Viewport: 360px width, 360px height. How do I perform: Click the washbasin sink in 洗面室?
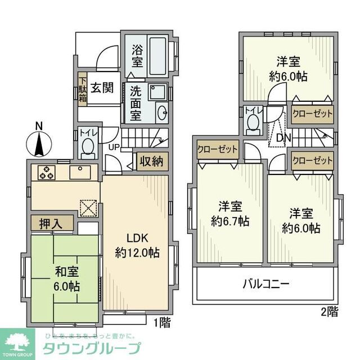[162, 112]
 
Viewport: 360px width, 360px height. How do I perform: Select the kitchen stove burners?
[46, 172]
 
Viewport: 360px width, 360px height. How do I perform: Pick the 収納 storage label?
[151, 161]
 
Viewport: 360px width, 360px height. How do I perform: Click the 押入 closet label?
[51, 223]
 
